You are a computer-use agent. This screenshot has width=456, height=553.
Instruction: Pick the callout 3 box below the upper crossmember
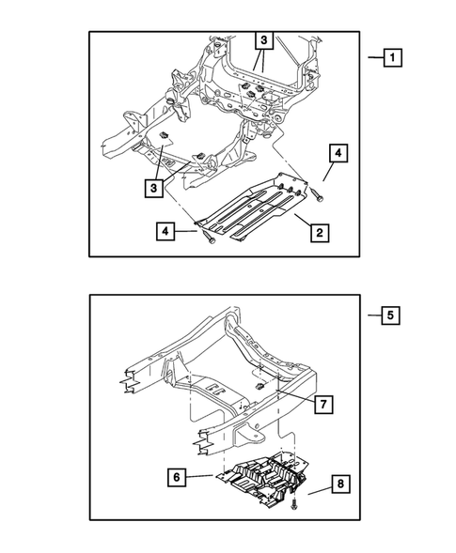coord(153,187)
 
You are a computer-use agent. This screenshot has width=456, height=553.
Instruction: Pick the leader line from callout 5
coord(372,315)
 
